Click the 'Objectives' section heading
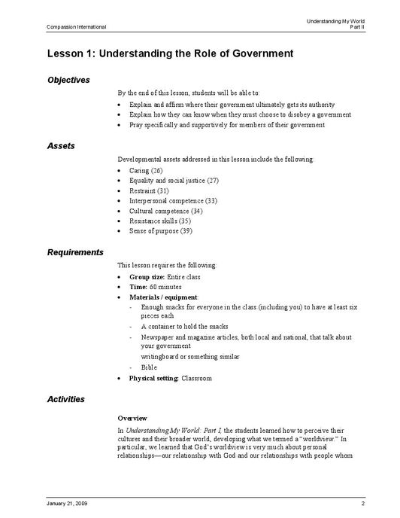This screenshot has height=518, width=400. coord(68,80)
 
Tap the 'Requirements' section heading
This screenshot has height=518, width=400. coord(75,252)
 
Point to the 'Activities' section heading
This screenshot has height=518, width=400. coord(65,399)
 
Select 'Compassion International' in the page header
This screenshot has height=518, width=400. coord(76,27)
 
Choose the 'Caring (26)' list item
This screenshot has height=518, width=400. coord(146,171)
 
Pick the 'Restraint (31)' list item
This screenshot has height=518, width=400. coord(149,191)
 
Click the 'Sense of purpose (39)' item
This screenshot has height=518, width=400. coord(161,230)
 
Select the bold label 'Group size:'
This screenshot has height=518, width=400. coord(147,277)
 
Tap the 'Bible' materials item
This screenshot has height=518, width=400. coord(149,367)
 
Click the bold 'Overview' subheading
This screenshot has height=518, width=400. coord(132,418)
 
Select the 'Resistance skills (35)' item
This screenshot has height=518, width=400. coord(160,221)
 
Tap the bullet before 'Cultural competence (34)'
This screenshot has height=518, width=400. coord(120,212)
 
